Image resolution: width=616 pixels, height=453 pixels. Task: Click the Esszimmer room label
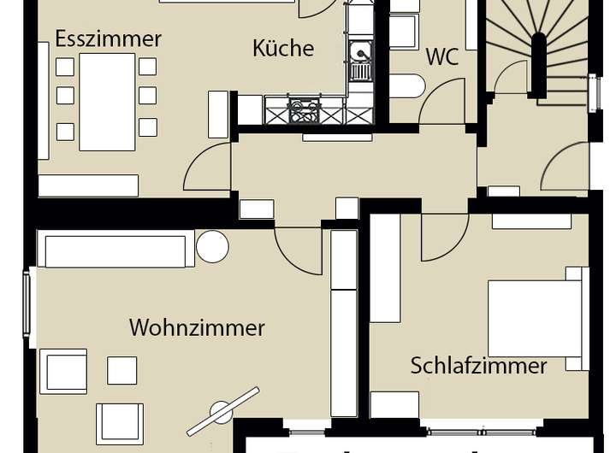(x=108, y=38)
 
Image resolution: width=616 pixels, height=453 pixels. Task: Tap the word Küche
(x=283, y=48)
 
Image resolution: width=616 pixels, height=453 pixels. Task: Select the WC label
(x=442, y=57)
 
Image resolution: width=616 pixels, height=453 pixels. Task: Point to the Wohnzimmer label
(x=197, y=327)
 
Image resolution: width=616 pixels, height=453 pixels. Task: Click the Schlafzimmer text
(x=478, y=366)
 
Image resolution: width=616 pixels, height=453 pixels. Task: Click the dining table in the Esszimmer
(x=107, y=101)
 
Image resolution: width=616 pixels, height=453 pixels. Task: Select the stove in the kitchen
(x=304, y=110)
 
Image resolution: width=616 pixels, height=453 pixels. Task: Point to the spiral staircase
(x=539, y=51)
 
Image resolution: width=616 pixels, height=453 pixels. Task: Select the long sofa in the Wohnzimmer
(x=115, y=250)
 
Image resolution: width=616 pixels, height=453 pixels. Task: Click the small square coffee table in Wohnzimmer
(x=121, y=370)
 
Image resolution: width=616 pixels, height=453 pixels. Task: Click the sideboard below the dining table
(x=88, y=185)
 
